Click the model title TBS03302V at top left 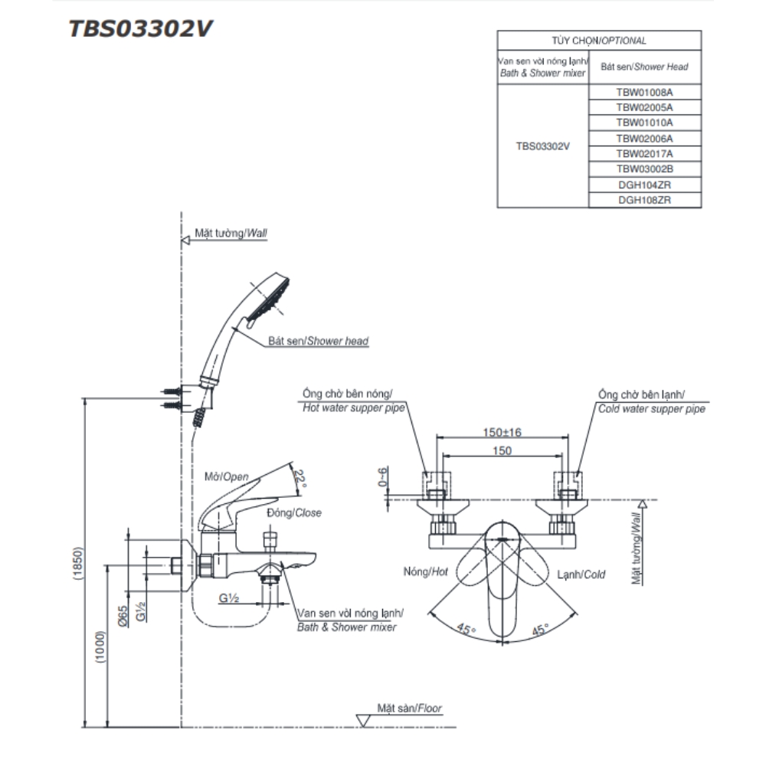coord(141,28)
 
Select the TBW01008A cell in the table coord(644,92)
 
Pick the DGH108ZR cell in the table coord(644,200)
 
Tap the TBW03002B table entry coord(644,169)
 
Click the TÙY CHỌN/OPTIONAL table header coord(599,41)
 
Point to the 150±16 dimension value coord(502,433)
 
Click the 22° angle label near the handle coord(302,480)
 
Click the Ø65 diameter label coord(123,616)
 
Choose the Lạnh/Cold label coord(581,574)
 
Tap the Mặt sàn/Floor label coord(409,709)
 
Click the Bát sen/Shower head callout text coord(318,340)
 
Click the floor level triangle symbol coord(363,719)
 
